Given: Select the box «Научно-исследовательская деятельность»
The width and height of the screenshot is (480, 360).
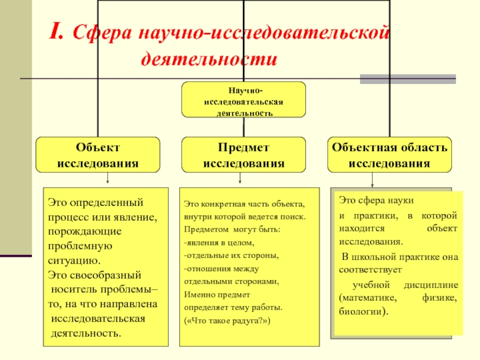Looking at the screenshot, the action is [244, 100].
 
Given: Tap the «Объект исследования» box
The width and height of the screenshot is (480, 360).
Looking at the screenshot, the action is [98, 155].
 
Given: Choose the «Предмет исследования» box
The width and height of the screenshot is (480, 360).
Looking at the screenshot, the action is [244, 155].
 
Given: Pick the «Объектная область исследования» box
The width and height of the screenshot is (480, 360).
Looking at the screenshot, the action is [389, 155].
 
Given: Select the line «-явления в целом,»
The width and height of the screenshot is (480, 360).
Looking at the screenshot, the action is [219, 243].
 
